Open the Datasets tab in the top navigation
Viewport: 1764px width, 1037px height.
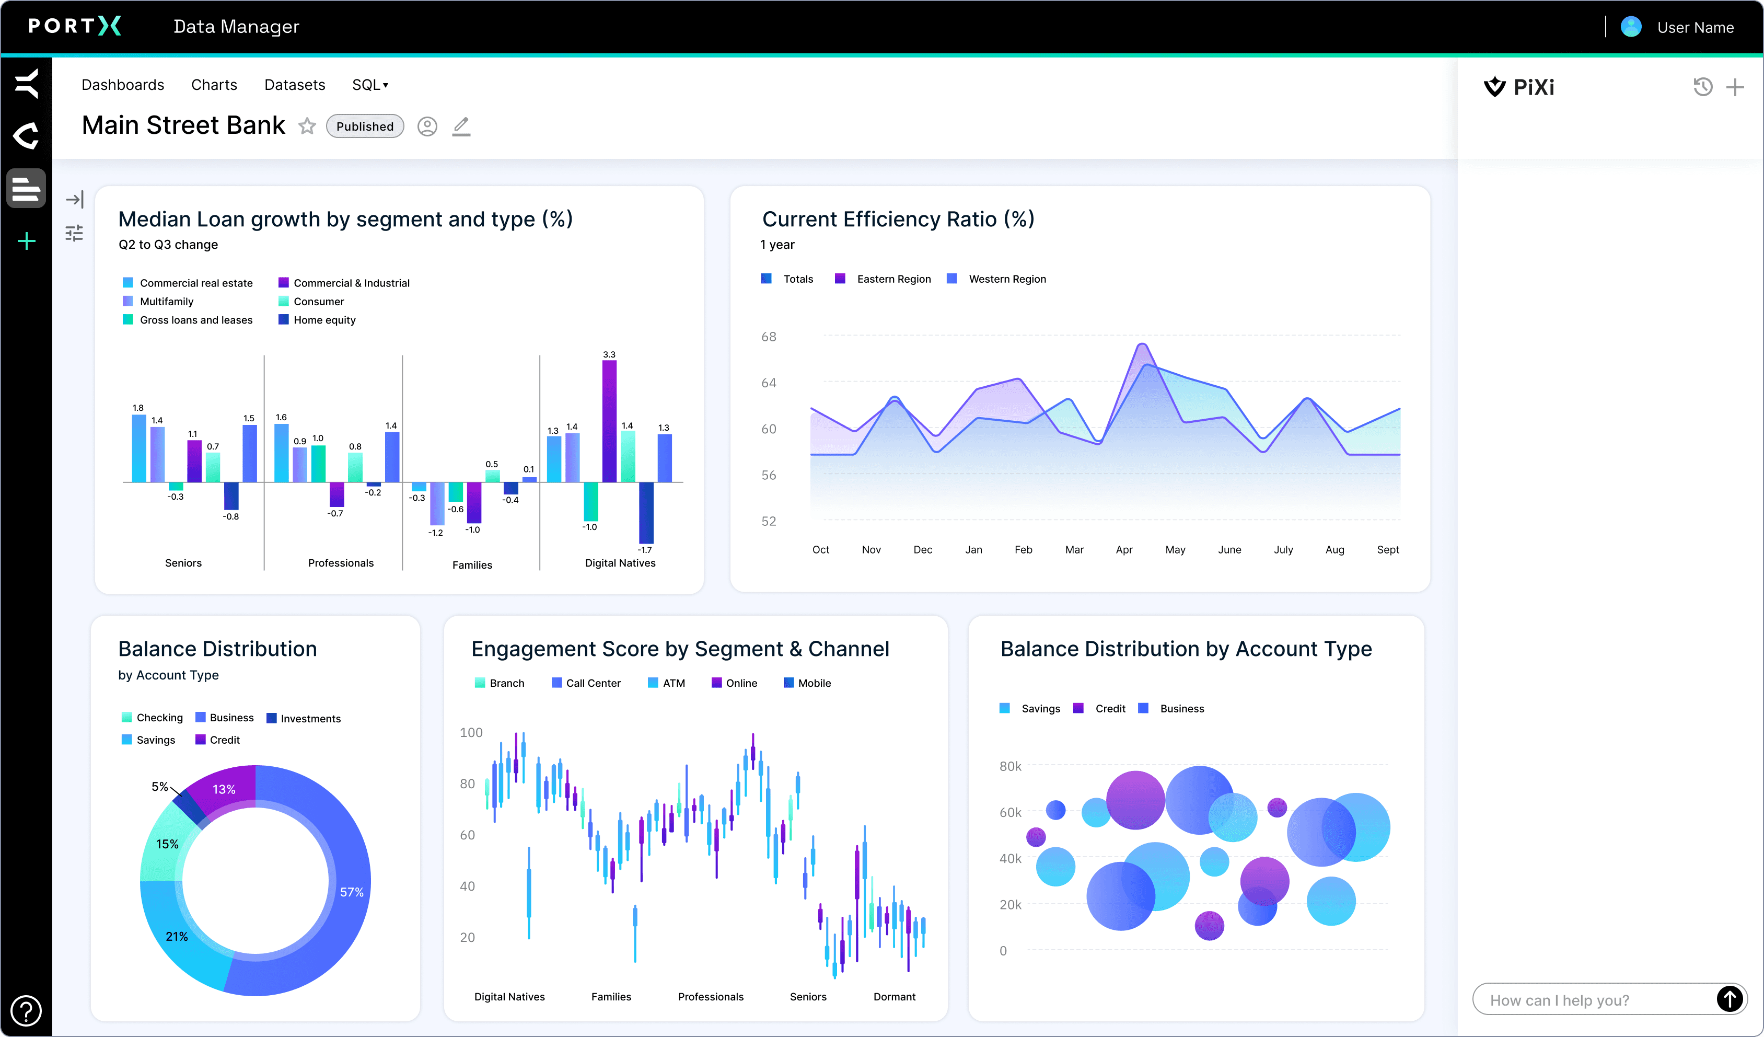pyautogui.click(x=294, y=85)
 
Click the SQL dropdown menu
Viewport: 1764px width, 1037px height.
pyautogui.click(x=369, y=85)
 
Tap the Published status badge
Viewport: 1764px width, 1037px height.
pyautogui.click(x=365, y=126)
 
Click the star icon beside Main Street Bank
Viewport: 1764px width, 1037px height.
pyautogui.click(x=307, y=126)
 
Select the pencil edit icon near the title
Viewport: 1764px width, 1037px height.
pyautogui.click(x=461, y=126)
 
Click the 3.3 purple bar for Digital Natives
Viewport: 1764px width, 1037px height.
pyautogui.click(x=609, y=420)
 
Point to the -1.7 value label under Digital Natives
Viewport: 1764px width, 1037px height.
pyautogui.click(x=645, y=550)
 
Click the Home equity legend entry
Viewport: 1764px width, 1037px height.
pyautogui.click(x=323, y=320)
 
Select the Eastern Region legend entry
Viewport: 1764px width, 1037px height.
pyautogui.click(x=892, y=279)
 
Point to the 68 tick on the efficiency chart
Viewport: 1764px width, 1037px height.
pyautogui.click(x=769, y=337)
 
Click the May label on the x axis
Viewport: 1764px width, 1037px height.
pyautogui.click(x=1175, y=550)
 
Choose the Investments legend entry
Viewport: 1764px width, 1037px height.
pyautogui.click(x=309, y=718)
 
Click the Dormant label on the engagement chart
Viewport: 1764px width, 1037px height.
pyautogui.click(x=894, y=996)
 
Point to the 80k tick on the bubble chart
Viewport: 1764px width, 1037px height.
pyautogui.click(x=1009, y=766)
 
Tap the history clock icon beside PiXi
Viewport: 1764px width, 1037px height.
pyautogui.click(x=1702, y=87)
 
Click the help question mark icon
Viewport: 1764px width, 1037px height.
pyautogui.click(x=26, y=1010)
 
